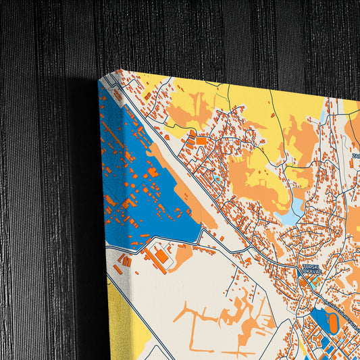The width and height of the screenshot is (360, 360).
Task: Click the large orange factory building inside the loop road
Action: click(x=161, y=257)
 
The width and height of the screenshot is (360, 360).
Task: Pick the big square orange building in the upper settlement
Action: click(x=201, y=141)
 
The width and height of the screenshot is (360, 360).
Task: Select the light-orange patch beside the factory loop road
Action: click(x=181, y=255)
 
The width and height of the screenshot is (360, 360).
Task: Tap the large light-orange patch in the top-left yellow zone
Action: click(x=189, y=108)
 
